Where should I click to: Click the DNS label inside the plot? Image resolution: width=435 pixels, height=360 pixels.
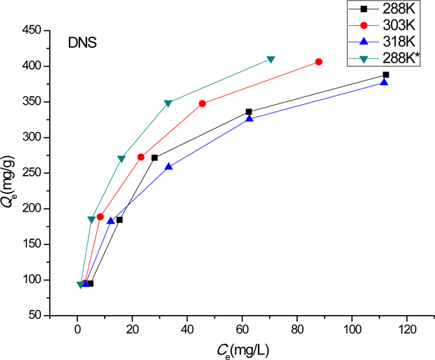82,43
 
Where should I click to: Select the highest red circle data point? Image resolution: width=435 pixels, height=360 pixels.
319,62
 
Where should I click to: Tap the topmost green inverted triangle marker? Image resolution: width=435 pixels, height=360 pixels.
271,60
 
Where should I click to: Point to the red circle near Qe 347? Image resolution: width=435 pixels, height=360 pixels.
202,103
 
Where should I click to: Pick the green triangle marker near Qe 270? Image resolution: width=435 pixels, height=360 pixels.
122,159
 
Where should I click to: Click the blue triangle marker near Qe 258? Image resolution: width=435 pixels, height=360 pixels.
169,167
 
